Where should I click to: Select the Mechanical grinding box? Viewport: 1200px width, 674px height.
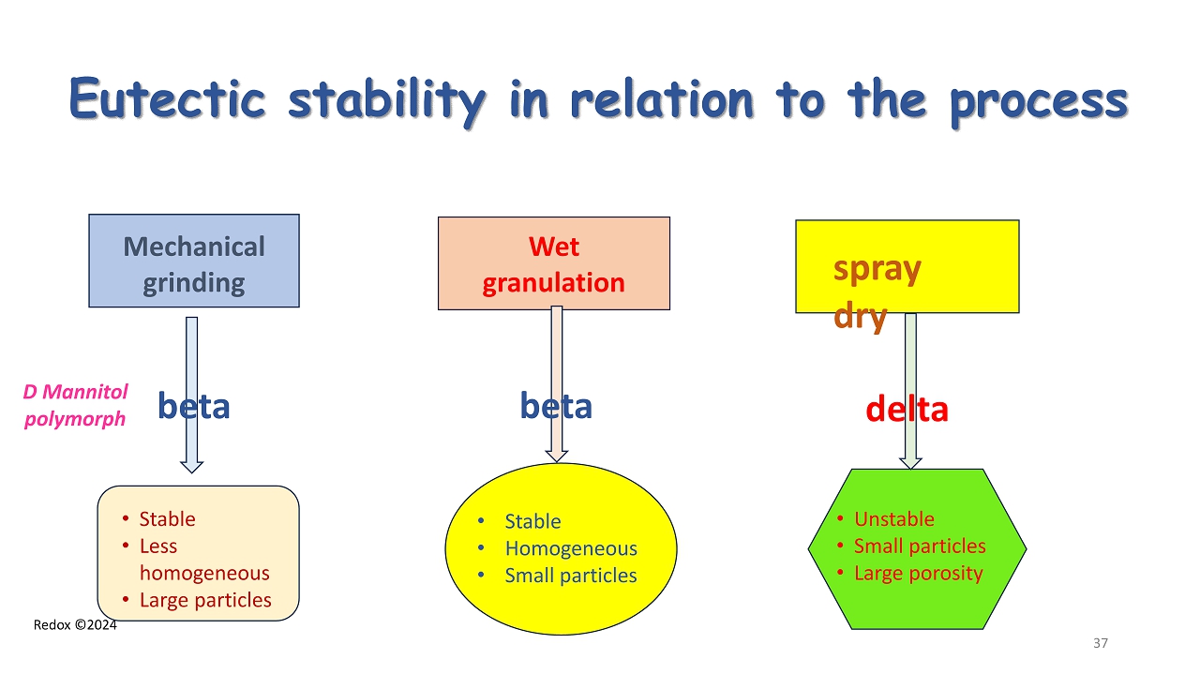pyautogui.click(x=194, y=262)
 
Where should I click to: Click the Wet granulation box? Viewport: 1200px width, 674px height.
pyautogui.click(x=553, y=263)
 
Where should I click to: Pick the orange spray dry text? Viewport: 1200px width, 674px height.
pyautogui.click(x=877, y=292)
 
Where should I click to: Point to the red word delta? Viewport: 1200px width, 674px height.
pyautogui.click(x=907, y=409)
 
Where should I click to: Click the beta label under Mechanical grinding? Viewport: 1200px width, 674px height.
pyautogui.click(x=193, y=406)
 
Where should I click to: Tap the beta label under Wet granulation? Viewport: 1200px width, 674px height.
pyautogui.click(x=556, y=406)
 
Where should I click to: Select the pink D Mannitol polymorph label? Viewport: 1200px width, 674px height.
pyautogui.click(x=75, y=405)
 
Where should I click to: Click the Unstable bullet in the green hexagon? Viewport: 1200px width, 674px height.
pyautogui.click(x=893, y=519)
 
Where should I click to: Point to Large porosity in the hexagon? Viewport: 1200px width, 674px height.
pyautogui.click(x=918, y=573)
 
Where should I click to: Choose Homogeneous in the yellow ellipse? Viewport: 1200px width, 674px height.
pyautogui.click(x=570, y=548)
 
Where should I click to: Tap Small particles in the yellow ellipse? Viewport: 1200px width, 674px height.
pyautogui.click(x=570, y=576)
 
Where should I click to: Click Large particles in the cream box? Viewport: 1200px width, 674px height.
pyautogui.click(x=205, y=600)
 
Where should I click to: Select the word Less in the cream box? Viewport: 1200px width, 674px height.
pyautogui.click(x=157, y=546)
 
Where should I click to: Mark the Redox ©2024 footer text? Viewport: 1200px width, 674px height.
pyautogui.click(x=75, y=624)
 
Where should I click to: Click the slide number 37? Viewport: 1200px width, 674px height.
pyautogui.click(x=1101, y=643)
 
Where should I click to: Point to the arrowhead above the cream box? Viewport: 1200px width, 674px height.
pyautogui.click(x=191, y=465)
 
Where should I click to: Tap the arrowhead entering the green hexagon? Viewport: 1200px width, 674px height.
pyautogui.click(x=910, y=462)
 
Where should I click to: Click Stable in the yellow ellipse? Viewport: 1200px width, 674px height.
pyautogui.click(x=532, y=521)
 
